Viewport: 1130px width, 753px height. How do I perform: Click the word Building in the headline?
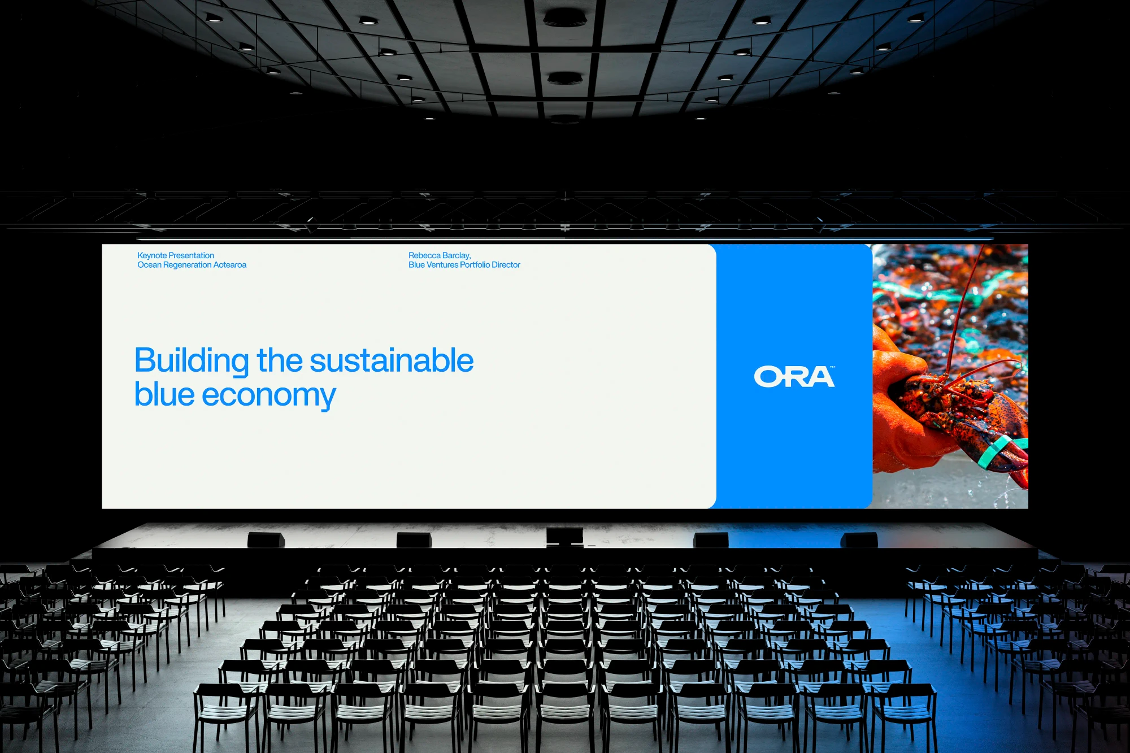(x=192, y=361)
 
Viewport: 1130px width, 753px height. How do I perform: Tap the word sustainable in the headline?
(x=392, y=361)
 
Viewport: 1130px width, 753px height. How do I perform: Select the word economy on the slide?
(x=268, y=395)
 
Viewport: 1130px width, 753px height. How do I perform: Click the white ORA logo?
(x=794, y=377)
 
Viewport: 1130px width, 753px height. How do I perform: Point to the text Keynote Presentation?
(x=175, y=255)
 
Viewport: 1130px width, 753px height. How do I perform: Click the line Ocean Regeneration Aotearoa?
(x=192, y=265)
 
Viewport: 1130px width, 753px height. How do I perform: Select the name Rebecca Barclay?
(x=439, y=255)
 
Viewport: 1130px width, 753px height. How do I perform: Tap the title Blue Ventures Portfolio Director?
(x=464, y=265)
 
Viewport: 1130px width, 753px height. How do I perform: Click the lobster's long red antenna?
(x=960, y=316)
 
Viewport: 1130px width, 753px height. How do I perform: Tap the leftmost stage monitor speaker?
(x=266, y=539)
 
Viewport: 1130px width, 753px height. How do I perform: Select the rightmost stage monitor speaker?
(x=859, y=539)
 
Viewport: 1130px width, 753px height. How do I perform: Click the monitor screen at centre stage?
(x=564, y=536)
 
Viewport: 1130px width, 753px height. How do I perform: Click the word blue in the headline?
(x=164, y=395)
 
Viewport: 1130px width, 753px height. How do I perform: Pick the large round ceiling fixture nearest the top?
(x=564, y=17)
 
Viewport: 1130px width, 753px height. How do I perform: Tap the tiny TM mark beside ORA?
(x=832, y=367)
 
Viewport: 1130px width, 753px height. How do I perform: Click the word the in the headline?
(x=280, y=361)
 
